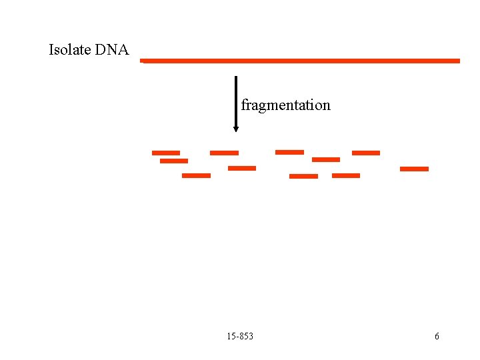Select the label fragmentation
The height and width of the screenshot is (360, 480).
tap(285, 105)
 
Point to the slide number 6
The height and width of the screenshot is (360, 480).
tap(437, 336)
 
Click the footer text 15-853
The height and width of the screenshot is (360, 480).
tap(240, 336)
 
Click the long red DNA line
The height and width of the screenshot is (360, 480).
tap(300, 61)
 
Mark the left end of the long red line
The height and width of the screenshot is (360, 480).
tap(142, 61)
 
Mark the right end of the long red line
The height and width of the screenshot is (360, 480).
tap(459, 61)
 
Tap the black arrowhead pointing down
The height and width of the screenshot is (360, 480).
tap(235, 127)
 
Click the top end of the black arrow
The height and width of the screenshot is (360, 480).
tap(235, 77)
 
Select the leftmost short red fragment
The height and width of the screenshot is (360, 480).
tap(166, 153)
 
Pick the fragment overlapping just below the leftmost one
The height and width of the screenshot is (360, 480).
tap(174, 161)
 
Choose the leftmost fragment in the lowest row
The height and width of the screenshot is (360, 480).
tap(196, 175)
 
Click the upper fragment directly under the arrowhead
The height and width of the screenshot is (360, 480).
tap(224, 153)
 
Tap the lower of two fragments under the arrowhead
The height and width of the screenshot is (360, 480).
tap(242, 168)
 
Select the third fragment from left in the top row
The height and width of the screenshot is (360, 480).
tap(289, 152)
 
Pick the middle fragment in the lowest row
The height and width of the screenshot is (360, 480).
tap(303, 176)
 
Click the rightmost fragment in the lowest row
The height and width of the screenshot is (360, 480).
tap(346, 175)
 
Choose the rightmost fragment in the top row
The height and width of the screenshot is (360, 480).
tap(366, 153)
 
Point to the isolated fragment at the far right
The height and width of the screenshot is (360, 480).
tap(414, 169)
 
